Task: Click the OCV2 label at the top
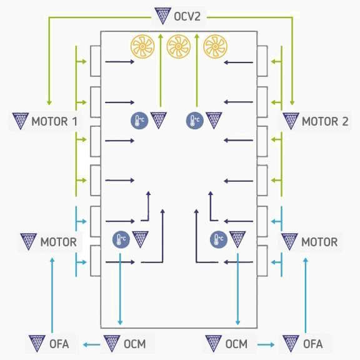click(187, 16)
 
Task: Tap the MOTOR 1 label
click(54, 121)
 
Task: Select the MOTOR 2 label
click(325, 121)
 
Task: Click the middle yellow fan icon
click(179, 47)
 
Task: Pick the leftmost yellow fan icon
click(142, 47)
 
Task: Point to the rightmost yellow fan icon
click(215, 47)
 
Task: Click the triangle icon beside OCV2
click(162, 16)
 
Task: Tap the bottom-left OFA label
click(59, 344)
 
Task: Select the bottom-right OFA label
click(312, 344)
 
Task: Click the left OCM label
click(135, 344)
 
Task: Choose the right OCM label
click(236, 344)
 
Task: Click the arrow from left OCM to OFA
click(91, 344)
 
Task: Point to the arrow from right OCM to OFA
click(266, 344)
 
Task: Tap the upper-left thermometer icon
click(139, 121)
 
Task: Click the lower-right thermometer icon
click(219, 239)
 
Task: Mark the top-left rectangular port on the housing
click(95, 61)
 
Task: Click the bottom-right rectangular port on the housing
click(262, 261)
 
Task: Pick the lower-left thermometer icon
click(121, 239)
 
